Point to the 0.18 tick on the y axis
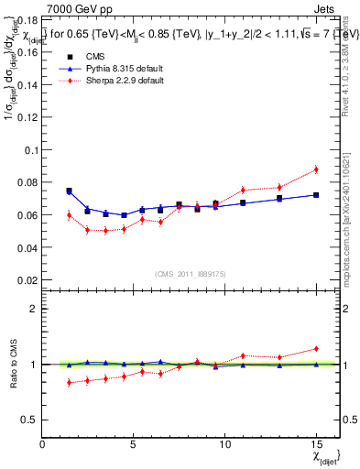[x=28, y=19]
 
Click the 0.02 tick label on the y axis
[x=28, y=280]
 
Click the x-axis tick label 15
[x=316, y=444]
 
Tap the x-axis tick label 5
[x=133, y=444]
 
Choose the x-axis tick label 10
[x=224, y=444]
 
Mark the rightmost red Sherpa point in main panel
[x=316, y=169]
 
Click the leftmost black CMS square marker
[x=69, y=191]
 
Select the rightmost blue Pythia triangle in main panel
[x=316, y=194]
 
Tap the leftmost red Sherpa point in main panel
[x=69, y=215]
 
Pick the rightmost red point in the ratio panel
[x=316, y=348]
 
